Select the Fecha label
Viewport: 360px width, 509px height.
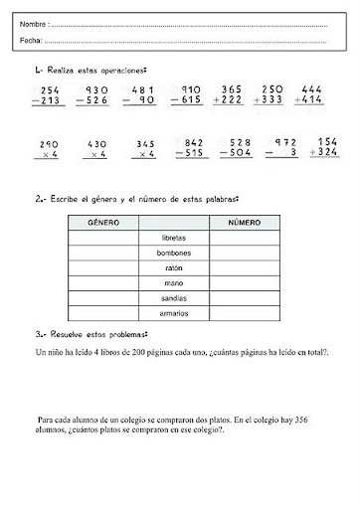30,41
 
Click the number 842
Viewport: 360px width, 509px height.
191,143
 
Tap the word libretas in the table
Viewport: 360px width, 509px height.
173,240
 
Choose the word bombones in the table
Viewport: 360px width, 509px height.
173,254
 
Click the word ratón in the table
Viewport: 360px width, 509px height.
173,269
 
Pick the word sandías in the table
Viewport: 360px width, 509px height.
173,299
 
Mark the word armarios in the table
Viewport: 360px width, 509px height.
173,314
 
